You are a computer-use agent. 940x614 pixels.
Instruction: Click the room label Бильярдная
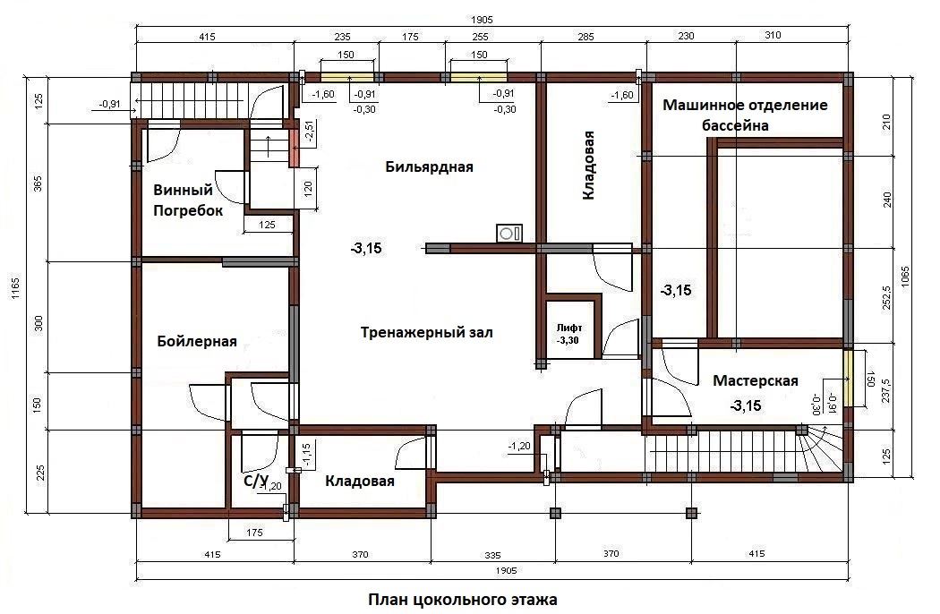coord(429,166)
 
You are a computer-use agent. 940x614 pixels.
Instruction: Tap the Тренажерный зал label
coord(427,332)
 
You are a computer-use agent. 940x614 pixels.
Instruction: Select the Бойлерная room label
coord(197,341)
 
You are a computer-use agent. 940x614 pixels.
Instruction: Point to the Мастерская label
coord(756,380)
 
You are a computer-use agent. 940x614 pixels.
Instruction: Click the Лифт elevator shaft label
coord(568,328)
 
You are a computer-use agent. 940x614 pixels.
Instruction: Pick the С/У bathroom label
coord(255,480)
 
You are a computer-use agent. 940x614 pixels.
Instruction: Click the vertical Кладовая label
coord(589,165)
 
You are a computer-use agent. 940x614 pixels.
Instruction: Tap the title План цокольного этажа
coord(462,599)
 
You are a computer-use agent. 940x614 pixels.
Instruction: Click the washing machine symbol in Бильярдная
coord(509,234)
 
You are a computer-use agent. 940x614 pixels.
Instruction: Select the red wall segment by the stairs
coord(294,148)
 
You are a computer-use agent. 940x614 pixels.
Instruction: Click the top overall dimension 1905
coord(482,21)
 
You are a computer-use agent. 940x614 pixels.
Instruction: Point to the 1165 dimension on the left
coord(15,288)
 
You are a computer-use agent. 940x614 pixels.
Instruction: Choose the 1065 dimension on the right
coord(905,277)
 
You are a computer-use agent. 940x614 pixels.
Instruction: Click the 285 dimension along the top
coord(585,37)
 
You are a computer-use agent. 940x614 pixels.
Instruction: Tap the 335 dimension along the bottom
coord(492,555)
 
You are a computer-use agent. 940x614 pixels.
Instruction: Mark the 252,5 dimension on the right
coord(887,297)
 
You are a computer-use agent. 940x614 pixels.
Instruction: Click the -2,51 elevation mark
coord(309,131)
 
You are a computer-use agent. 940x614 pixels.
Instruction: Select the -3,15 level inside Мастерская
coord(746,406)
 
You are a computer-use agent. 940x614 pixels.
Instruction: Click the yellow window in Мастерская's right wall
coord(848,378)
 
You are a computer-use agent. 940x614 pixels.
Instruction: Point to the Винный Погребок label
coord(188,200)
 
